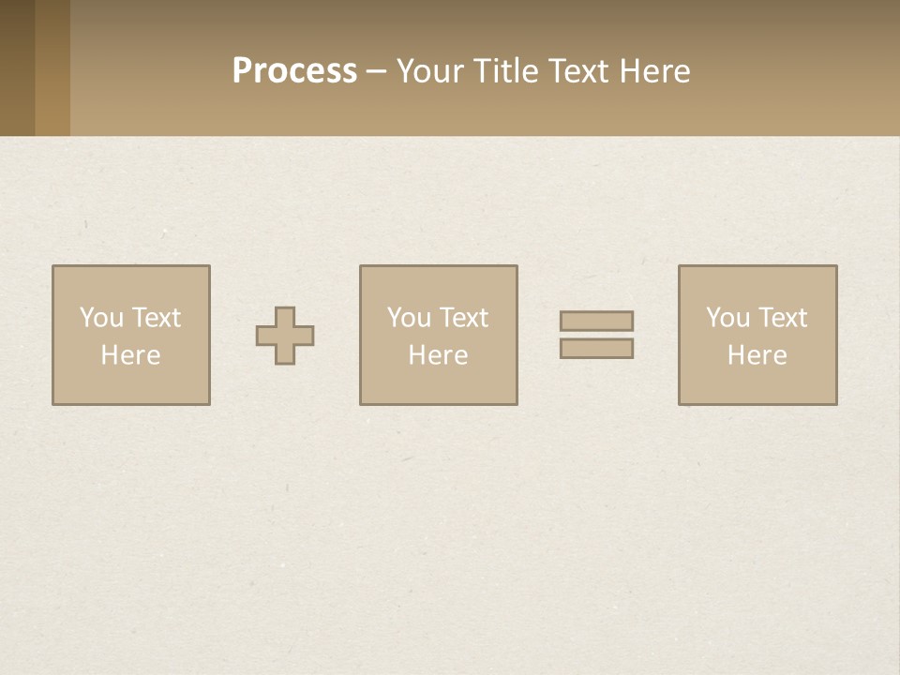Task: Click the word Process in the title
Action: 294,71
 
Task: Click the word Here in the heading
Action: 655,71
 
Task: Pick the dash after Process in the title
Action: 376,72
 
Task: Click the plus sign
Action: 285,336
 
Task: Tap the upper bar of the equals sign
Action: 596,321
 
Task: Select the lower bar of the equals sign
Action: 596,348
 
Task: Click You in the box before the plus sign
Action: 101,318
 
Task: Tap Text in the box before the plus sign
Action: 156,318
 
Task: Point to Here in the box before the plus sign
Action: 130,355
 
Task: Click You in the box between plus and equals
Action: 409,318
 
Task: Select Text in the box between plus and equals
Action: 463,318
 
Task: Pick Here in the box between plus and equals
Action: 438,355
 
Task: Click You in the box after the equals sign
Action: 727,318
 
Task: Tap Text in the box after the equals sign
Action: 782,318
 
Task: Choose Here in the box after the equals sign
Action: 757,355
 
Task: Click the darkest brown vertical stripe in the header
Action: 17,67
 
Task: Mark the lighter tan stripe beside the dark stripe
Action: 52,67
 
